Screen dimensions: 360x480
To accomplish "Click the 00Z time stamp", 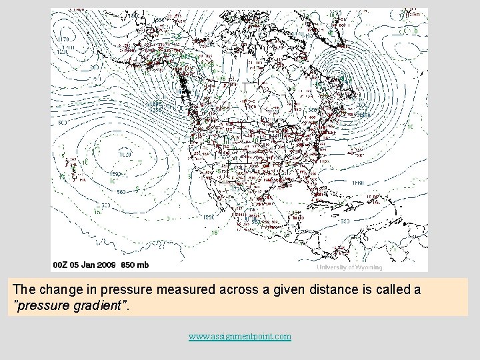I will pyautogui.click(x=61, y=265).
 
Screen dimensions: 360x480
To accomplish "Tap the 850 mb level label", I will pyautogui.click(x=135, y=265).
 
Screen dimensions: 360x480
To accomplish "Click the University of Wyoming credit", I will pyautogui.click(x=349, y=267).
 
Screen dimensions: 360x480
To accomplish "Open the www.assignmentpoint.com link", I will pyautogui.click(x=240, y=337).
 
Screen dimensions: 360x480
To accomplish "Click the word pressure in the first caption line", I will pyautogui.click(x=115, y=290).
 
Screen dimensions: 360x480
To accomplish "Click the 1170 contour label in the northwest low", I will pyautogui.click(x=63, y=39).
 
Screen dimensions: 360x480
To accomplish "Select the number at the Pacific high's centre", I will pyautogui.click(x=125, y=154).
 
